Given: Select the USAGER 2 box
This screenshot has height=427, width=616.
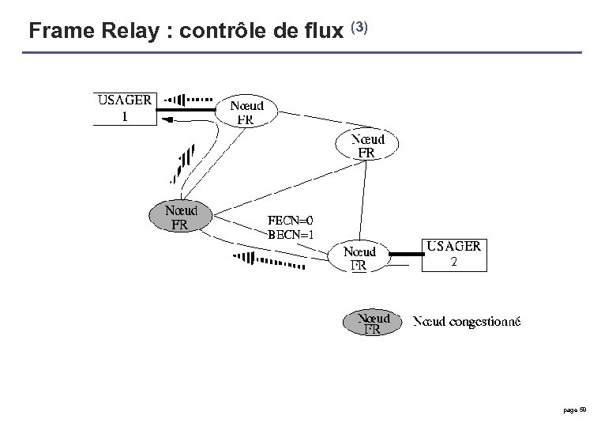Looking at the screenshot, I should pos(453,254).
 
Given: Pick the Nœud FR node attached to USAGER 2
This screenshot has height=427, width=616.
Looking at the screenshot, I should pos(359,258).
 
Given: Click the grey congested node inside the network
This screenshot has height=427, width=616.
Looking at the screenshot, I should pos(181,215).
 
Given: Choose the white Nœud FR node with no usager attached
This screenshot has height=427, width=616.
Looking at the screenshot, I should pos(367,145).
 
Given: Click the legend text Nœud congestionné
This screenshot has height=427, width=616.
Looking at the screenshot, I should pos(468,322).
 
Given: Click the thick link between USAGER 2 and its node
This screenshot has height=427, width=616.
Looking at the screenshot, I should pos(407,254).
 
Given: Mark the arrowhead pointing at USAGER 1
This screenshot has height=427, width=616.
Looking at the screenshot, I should pos(167,119).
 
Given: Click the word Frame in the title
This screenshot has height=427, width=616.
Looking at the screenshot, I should pos(55,32).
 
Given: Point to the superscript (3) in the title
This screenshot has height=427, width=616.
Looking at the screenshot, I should pos(359,27).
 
